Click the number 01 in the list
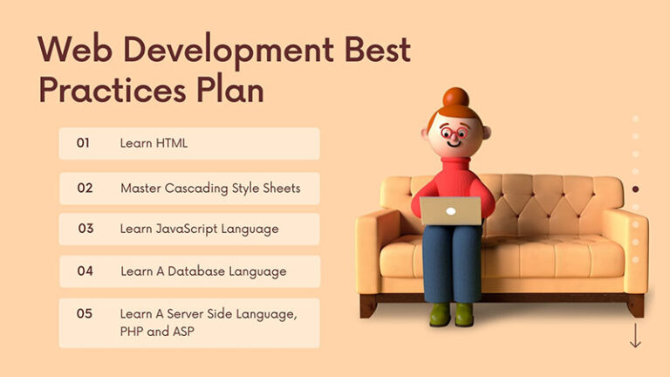(83, 143)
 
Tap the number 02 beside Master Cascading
(85, 188)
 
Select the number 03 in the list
(85, 229)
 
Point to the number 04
(85, 271)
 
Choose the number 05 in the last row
(84, 314)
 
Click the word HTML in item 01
(171, 143)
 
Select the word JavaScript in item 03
(186, 230)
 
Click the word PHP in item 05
(131, 332)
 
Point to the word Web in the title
(75, 50)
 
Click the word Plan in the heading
(230, 90)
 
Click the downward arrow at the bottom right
(635, 335)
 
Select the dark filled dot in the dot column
(635, 188)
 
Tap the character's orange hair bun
(456, 98)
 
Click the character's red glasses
(454, 133)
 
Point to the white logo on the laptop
(451, 211)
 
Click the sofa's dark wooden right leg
(636, 305)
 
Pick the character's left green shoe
(440, 314)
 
